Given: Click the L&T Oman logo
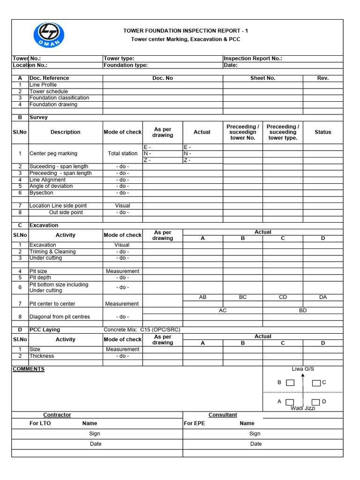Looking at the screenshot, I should pos(49,36).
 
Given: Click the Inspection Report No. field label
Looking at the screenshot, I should pos(253,59).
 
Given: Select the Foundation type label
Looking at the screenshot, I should pos(126,66).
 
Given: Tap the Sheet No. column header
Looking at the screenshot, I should pos(262,78).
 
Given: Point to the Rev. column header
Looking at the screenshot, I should pos(323,78).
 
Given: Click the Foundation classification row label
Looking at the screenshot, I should pos(59,98).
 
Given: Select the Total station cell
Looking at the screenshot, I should pos(122,153).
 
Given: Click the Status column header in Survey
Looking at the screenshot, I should pos(323,132).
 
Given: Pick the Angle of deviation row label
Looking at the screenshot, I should pos(51,186).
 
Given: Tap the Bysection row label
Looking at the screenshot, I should pos(41,193).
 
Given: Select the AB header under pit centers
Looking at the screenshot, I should pos(202,297).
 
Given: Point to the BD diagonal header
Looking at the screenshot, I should pos(303,310).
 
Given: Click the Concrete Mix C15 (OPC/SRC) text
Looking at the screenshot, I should pos(142,330).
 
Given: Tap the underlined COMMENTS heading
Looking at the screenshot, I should pos(29,369).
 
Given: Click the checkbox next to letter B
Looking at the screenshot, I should pos(290,382).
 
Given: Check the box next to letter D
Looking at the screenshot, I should pos(316,402).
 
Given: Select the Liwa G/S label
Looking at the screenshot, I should pos(303,369).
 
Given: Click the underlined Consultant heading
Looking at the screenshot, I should pos(223,415).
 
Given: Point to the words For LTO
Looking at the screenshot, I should pos(40,423).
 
